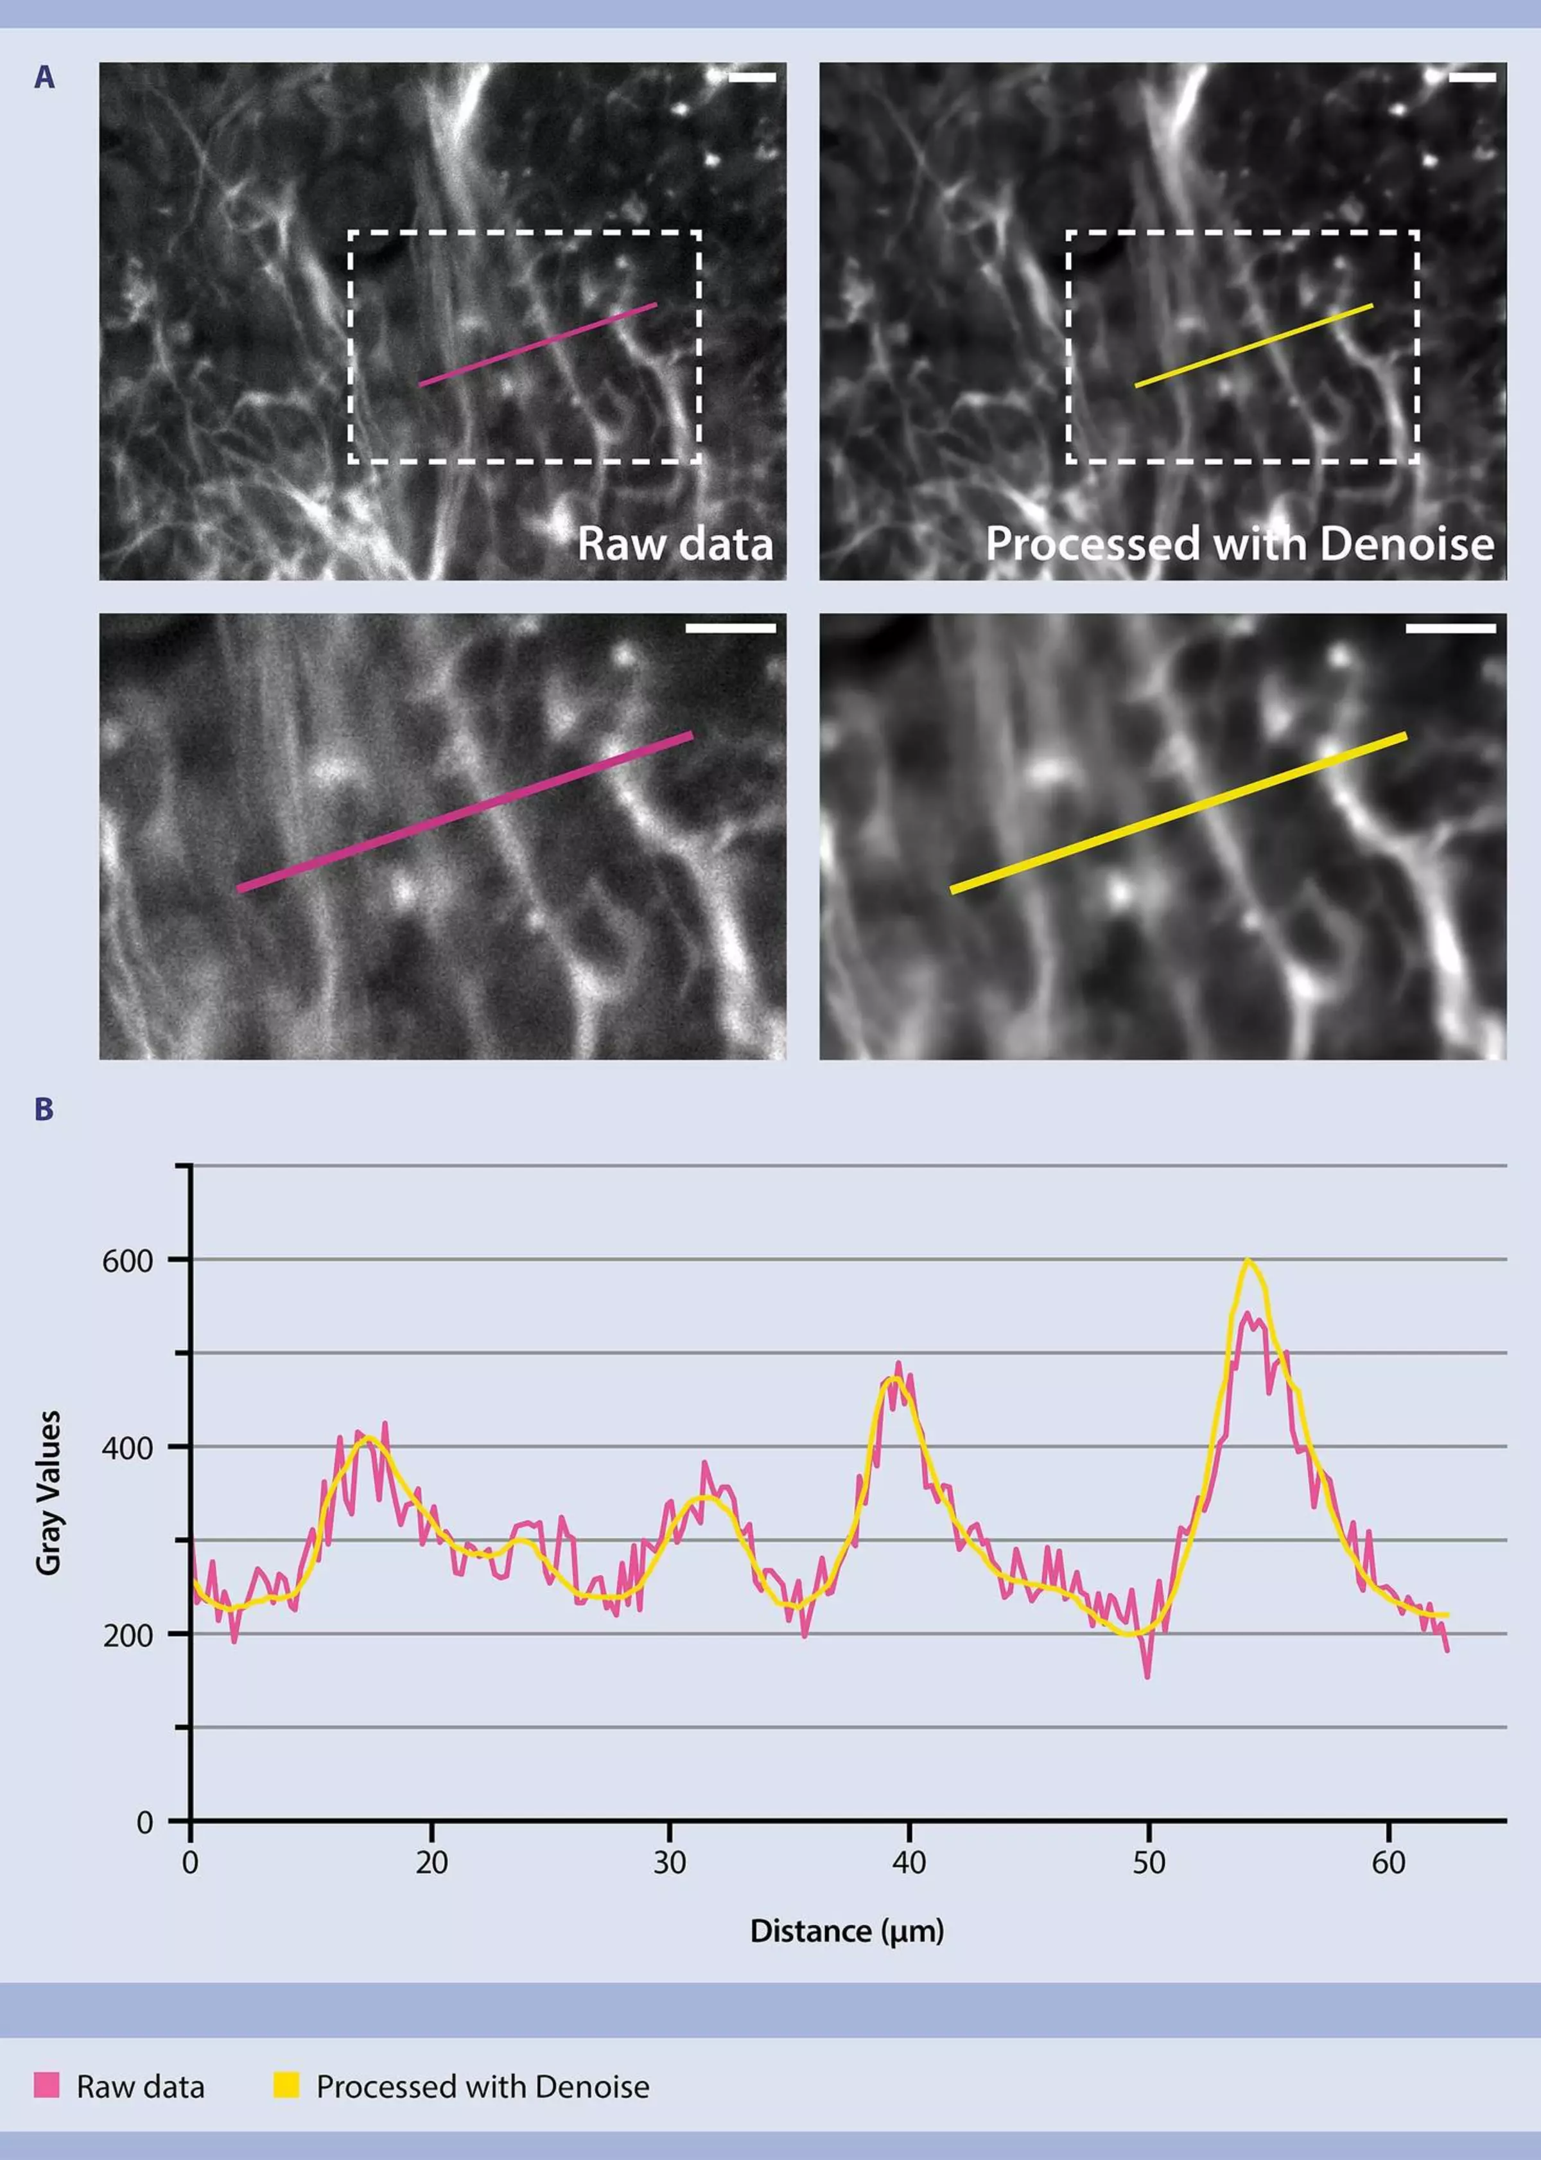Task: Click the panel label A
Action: (x=44, y=78)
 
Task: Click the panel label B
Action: (x=44, y=1109)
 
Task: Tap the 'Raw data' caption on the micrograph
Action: (x=675, y=544)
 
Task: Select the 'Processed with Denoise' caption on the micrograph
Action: (x=1239, y=544)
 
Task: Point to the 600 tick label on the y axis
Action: (x=127, y=1261)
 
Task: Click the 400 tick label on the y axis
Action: (x=127, y=1448)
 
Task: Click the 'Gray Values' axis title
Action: (x=48, y=1493)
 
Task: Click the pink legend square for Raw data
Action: (x=46, y=2085)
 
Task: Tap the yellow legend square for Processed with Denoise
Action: (x=286, y=2085)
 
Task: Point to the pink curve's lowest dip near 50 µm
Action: (x=1148, y=1677)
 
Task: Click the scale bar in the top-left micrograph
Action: (x=751, y=77)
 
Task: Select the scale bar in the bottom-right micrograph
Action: (x=1451, y=628)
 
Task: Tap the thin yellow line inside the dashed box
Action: (x=1253, y=346)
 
